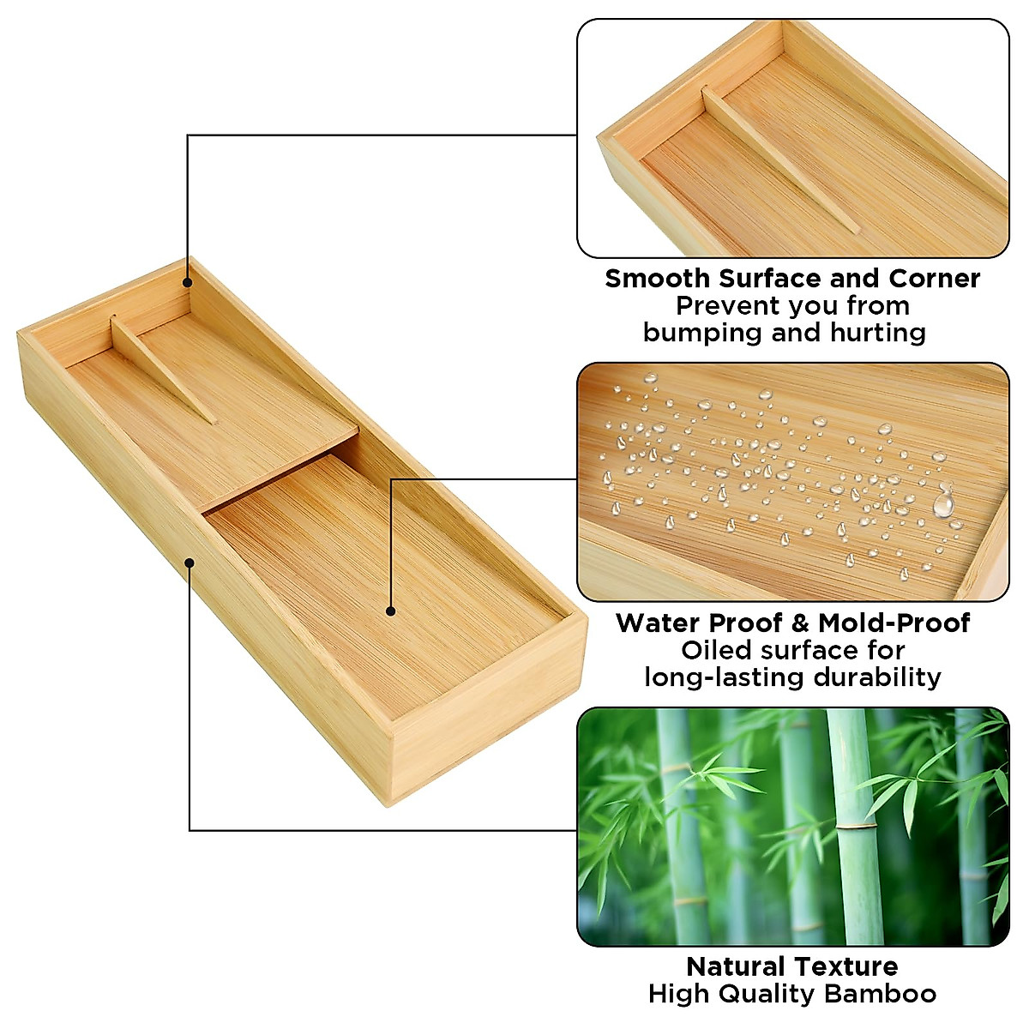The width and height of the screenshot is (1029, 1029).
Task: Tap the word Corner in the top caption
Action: tap(934, 279)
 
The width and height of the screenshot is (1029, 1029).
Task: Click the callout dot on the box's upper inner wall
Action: tap(188, 281)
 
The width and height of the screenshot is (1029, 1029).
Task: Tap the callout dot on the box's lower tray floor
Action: tap(390, 611)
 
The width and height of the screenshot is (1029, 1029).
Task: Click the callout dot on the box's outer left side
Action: tap(190, 563)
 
